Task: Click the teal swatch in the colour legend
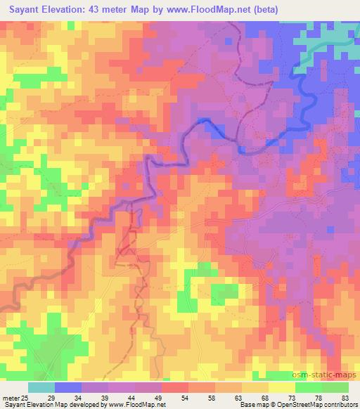(x=41, y=387)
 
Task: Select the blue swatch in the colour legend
(x=68, y=387)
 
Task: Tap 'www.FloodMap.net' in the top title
(x=203, y=10)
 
